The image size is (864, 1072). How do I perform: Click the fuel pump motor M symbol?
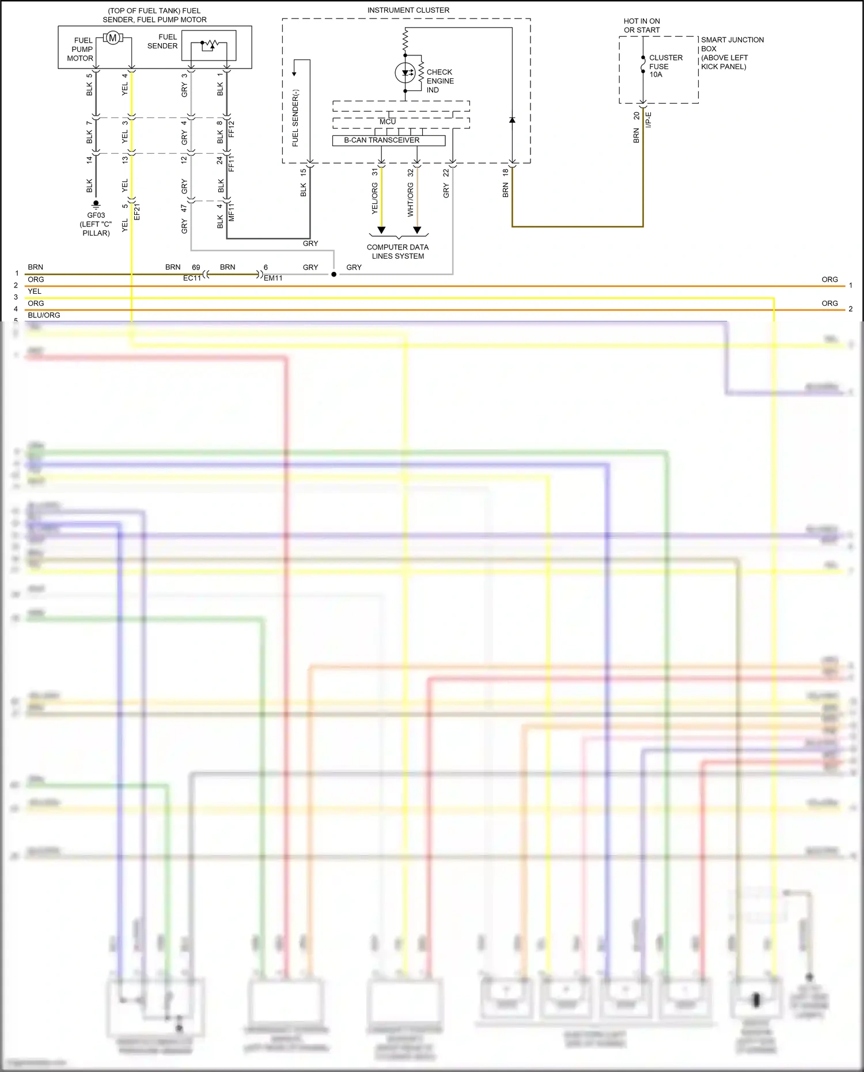point(112,38)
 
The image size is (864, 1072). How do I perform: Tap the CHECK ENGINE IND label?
point(440,81)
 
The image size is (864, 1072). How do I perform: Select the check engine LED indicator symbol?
point(406,73)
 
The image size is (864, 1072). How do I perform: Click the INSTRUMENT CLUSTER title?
point(408,10)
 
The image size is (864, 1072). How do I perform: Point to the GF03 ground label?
point(96,215)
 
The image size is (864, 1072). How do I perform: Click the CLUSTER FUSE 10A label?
point(665,66)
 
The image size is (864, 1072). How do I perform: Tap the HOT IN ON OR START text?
point(642,25)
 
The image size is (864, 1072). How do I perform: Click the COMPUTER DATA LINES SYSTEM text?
point(397,252)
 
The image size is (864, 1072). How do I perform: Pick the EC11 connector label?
point(192,278)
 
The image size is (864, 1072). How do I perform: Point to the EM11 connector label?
point(273,278)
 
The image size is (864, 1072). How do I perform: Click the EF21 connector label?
point(137,211)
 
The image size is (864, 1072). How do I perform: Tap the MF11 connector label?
point(232,212)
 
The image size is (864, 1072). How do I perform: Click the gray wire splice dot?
point(334,274)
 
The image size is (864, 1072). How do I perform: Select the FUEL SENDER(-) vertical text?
point(295,118)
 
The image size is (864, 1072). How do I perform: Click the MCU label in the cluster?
point(388,122)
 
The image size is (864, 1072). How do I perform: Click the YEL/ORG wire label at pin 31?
point(374,198)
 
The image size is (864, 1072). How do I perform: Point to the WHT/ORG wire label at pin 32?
point(410,199)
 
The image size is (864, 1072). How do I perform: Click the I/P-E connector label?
point(648,120)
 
